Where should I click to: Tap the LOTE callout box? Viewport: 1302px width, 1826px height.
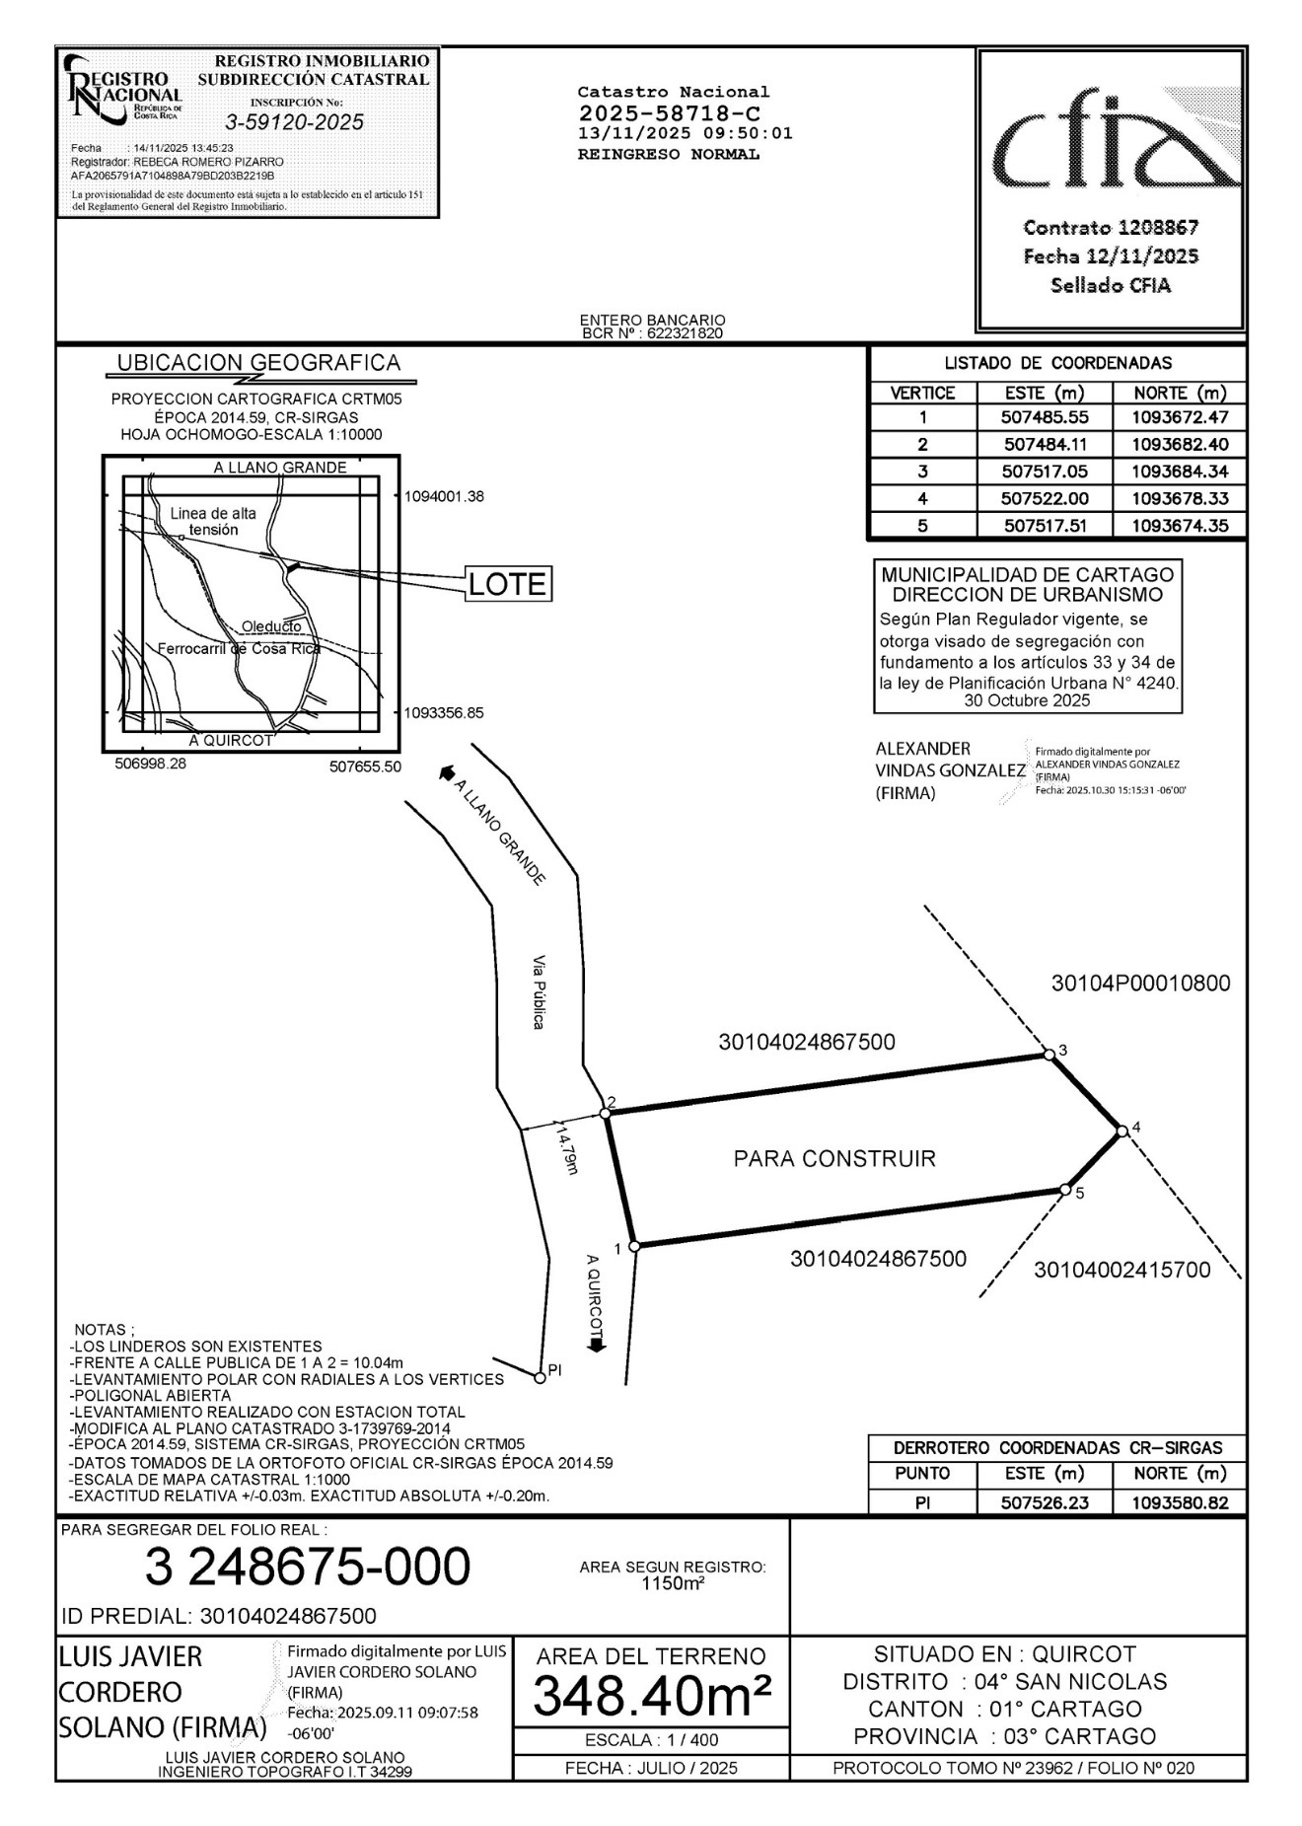tap(507, 584)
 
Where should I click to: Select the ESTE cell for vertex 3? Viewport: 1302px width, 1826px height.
tap(1045, 472)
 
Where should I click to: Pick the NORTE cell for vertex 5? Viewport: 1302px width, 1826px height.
tap(1180, 526)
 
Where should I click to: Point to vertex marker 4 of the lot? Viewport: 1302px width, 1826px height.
tap(1121, 1131)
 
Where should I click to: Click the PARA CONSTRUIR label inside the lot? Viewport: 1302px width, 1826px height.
tap(834, 1158)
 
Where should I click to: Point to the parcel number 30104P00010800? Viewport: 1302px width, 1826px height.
tap(1140, 984)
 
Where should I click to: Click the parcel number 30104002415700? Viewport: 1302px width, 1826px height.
tap(1121, 1271)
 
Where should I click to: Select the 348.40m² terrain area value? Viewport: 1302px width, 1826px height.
tap(652, 1697)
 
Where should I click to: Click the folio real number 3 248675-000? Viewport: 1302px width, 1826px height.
tap(308, 1567)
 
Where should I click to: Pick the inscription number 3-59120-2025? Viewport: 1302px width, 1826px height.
tap(295, 122)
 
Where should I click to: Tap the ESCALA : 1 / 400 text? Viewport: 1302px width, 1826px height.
tap(651, 1740)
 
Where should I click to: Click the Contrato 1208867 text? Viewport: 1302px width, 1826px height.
tap(1111, 228)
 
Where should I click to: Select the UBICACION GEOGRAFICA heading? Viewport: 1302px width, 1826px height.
tap(258, 363)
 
